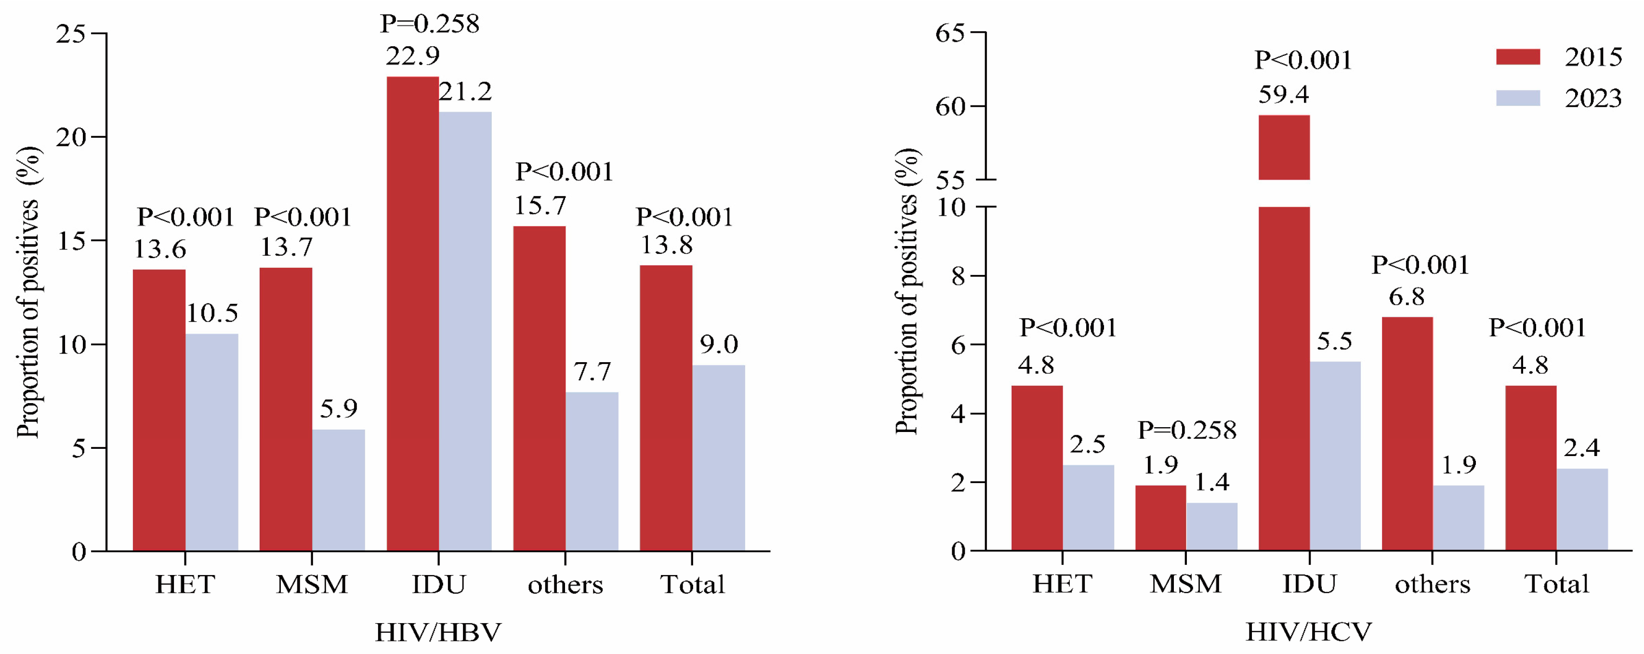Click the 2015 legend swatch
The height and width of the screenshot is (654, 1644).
[x=1518, y=57]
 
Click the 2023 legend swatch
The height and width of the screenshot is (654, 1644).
[x=1518, y=98]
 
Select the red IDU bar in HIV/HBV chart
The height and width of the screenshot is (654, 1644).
[x=412, y=313]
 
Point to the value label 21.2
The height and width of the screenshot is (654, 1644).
[x=465, y=92]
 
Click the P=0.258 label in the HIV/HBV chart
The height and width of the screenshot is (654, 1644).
[x=430, y=24]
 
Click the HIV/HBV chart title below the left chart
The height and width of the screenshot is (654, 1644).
[x=438, y=632]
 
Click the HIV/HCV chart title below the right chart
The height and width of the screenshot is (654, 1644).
[x=1308, y=632]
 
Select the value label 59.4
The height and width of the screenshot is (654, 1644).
[x=1283, y=94]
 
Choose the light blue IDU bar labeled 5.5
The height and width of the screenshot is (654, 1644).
[x=1335, y=456]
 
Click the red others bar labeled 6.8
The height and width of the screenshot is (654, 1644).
[x=1407, y=433]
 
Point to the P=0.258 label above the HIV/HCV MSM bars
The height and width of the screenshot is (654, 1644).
[x=1186, y=430]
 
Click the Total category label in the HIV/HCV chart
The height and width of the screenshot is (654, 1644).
[x=1556, y=584]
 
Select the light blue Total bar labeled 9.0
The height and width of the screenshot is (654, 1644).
[x=719, y=458]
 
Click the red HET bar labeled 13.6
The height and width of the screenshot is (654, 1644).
[x=159, y=410]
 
